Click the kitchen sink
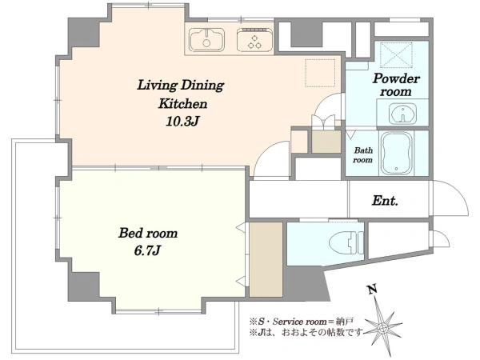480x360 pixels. [206, 40]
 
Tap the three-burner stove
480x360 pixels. [254, 40]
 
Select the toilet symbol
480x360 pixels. [346, 243]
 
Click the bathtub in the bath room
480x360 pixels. [397, 153]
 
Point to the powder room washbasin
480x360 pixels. [403, 114]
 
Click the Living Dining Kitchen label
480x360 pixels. [182, 94]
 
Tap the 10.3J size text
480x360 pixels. [182, 122]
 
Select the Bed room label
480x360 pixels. [148, 233]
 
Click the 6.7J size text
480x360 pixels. [147, 251]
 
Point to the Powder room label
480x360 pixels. [396, 85]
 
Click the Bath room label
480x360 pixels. [363, 155]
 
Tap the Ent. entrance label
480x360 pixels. [385, 201]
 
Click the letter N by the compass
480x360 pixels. [372, 289]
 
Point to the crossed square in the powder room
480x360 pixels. [396, 54]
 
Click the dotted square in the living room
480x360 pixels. [320, 73]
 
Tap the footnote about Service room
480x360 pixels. [302, 322]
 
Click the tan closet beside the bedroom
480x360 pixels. [266, 259]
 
